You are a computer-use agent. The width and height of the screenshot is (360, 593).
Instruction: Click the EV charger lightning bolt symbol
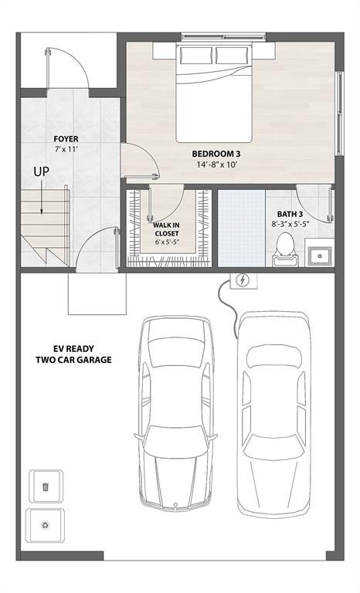[x=242, y=280]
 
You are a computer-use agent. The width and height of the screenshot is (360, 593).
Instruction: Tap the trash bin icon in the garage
[x=46, y=486]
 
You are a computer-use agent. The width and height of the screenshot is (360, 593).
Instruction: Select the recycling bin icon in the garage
[x=46, y=525]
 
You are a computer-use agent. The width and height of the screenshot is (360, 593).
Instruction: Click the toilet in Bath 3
[x=284, y=246]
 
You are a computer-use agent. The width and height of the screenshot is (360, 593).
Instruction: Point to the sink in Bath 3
[x=318, y=254]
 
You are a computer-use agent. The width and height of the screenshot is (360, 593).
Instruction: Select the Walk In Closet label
[x=166, y=229]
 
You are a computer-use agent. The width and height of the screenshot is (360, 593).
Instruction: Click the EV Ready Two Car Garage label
[x=73, y=354]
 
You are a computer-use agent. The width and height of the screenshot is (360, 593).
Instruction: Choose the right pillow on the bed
[x=230, y=55]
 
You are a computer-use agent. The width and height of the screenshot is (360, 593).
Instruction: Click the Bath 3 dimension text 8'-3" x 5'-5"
[x=291, y=224]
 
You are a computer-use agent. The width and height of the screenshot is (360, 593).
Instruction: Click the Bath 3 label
[x=290, y=214]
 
